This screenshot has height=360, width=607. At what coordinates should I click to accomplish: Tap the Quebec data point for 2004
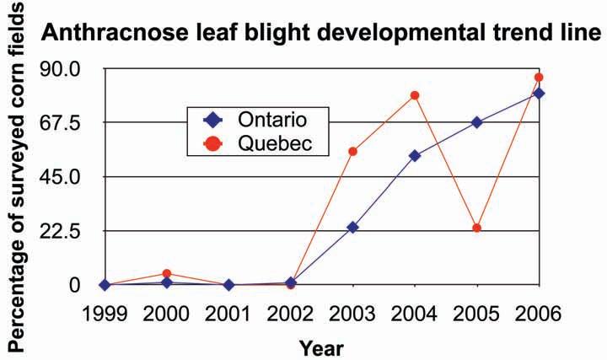415,95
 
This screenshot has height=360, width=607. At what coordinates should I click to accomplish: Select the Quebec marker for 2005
477,228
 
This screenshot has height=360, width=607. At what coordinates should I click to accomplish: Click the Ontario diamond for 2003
352,228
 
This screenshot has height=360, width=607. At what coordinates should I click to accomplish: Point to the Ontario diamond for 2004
415,155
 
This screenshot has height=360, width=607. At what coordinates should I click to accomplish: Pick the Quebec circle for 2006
540,78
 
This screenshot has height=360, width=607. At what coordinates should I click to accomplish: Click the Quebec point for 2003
352,152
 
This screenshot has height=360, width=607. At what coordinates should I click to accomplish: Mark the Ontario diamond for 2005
477,122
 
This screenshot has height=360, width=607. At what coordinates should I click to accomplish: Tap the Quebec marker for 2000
166,273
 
